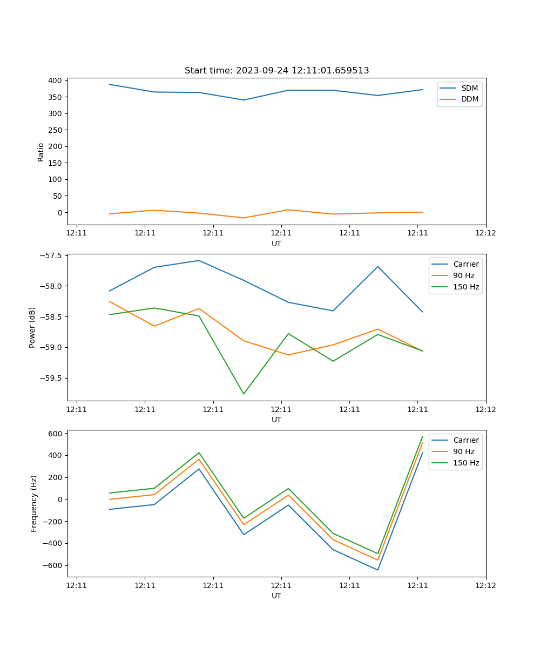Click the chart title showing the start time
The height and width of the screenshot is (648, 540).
click(x=276, y=71)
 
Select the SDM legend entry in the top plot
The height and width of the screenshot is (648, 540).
click(x=469, y=88)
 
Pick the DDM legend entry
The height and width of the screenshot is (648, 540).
click(x=469, y=99)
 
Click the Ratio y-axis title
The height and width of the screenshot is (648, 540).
click(x=41, y=152)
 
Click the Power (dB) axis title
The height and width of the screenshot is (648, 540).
click(x=33, y=327)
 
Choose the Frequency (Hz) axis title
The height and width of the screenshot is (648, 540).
click(x=34, y=503)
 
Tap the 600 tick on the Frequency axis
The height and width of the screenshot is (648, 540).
click(x=56, y=433)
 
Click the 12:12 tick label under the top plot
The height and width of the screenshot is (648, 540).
click(x=485, y=233)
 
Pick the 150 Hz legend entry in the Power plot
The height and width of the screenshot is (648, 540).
click(x=465, y=287)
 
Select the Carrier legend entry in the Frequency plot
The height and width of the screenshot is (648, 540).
click(x=465, y=440)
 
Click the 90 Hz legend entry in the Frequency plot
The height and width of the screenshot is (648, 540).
click(x=464, y=451)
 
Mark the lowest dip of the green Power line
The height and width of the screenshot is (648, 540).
click(x=244, y=394)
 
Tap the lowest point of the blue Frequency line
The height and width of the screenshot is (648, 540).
click(x=377, y=570)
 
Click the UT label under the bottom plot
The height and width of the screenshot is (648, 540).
click(x=276, y=596)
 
